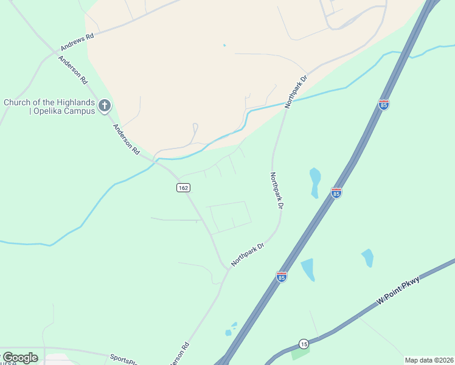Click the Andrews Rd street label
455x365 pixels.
[77, 42]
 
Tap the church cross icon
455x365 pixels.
[105, 106]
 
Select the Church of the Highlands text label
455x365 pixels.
[49, 106]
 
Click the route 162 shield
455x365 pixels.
[184, 187]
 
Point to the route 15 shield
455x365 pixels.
[304, 343]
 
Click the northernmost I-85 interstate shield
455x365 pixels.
[384, 105]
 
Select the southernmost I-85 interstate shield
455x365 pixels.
[281, 277]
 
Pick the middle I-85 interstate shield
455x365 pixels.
[336, 193]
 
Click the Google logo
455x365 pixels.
[19, 358]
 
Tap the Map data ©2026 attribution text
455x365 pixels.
[429, 360]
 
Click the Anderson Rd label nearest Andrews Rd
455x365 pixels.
[73, 71]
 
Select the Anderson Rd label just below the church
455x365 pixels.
[127, 140]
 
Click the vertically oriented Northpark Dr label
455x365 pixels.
[277, 190]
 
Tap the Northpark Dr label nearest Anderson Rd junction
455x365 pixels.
[248, 255]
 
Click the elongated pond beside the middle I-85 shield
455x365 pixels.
[314, 182]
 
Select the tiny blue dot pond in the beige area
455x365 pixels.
[224, 45]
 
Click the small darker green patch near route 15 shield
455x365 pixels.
[300, 353]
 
